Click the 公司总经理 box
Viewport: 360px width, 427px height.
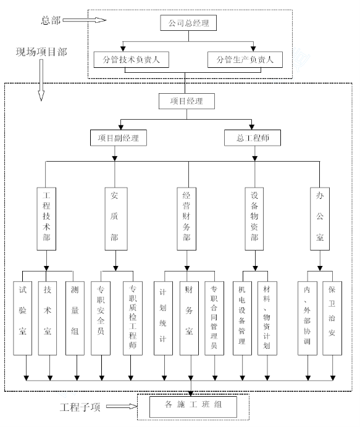(188, 23)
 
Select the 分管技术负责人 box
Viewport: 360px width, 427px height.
(131, 60)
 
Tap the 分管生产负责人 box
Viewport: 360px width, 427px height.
(245, 60)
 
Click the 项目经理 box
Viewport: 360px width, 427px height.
(186, 101)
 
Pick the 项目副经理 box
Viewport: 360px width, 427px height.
(119, 138)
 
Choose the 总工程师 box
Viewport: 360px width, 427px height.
(253, 138)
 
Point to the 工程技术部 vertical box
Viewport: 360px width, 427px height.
(46, 218)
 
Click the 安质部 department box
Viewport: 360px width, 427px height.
(116, 218)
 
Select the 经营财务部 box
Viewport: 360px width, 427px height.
(186, 218)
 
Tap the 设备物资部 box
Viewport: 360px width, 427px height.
(254, 218)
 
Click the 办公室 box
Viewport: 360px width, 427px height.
(320, 218)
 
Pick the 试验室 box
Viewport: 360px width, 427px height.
(23, 318)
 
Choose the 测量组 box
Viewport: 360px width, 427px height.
(75, 318)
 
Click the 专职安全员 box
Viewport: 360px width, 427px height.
(101, 318)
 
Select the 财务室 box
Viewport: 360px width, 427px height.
(189, 318)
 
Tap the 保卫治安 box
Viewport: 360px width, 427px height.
(332, 318)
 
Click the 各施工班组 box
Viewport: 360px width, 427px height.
(193, 407)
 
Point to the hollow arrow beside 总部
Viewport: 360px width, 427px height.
(85, 20)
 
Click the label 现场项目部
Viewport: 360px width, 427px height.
(41, 52)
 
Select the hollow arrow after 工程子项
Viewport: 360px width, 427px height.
(122, 406)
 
